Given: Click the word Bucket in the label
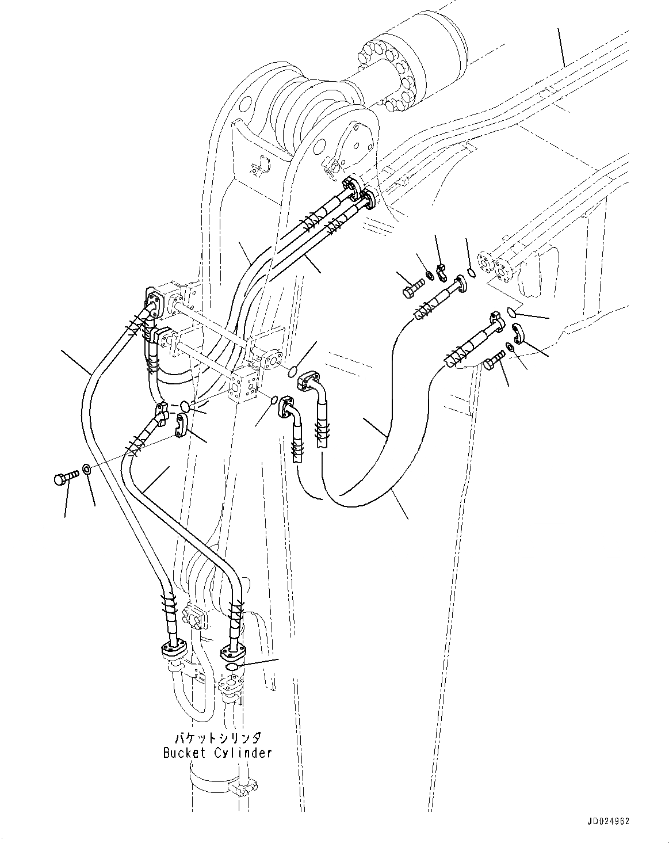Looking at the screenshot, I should pyautogui.click(x=182, y=753).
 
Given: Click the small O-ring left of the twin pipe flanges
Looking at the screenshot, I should pyautogui.click(x=470, y=272).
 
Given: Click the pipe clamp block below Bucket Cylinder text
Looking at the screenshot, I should pyautogui.click(x=241, y=786).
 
